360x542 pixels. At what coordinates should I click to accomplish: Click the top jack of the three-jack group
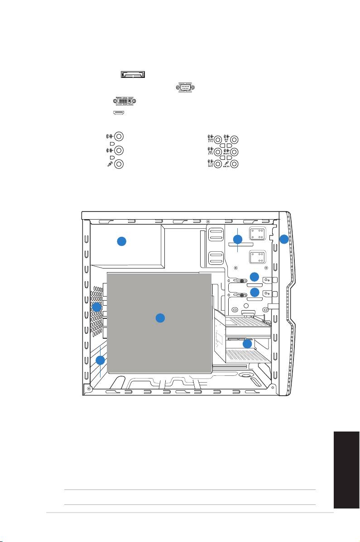[119, 136]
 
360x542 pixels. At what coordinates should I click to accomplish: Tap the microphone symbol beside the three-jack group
[108, 165]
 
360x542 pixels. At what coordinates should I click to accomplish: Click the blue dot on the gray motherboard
[160, 318]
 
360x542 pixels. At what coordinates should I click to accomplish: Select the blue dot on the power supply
[121, 241]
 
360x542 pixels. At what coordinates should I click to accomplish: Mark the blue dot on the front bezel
[283, 240]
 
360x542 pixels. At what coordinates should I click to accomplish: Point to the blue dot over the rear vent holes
[96, 307]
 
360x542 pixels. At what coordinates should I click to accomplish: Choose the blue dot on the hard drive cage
[247, 344]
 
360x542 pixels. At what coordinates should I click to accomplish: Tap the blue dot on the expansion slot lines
[101, 360]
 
